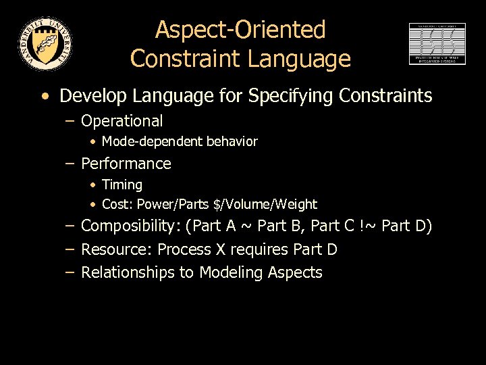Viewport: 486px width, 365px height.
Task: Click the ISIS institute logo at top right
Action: [x=437, y=43]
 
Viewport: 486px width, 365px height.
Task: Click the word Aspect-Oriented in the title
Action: [x=240, y=30]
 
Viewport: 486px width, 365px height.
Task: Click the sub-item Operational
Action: [x=122, y=121]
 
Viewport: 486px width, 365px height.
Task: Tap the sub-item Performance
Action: [x=126, y=164]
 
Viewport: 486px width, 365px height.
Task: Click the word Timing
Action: [x=122, y=185]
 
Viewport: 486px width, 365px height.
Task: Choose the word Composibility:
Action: [x=132, y=226]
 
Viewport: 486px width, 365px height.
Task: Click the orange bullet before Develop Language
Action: [x=45, y=96]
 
